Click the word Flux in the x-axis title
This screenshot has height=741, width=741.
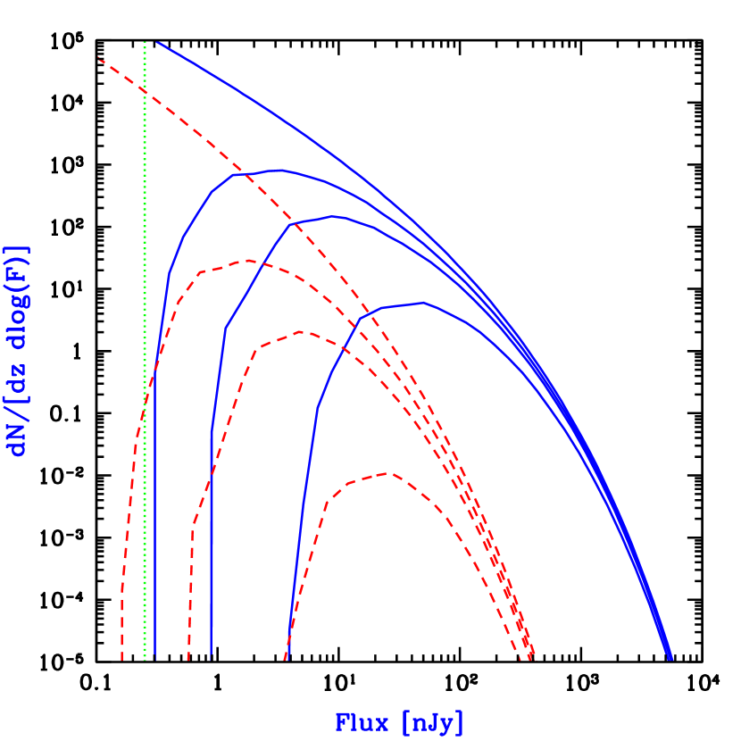(362, 722)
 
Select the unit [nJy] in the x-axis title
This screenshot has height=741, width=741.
(433, 722)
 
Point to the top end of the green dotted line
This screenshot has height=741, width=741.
(145, 42)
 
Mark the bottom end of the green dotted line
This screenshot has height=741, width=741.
(145, 660)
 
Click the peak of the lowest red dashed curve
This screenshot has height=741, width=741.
(387, 473)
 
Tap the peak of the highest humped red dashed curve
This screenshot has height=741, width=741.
(247, 261)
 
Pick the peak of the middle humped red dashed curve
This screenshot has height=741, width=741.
(303, 331)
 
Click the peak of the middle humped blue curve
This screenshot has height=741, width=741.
(333, 216)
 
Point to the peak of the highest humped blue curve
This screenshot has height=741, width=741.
(279, 170)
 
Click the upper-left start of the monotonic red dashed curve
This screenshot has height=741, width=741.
(99, 59)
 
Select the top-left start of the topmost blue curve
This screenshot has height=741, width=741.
(156, 42)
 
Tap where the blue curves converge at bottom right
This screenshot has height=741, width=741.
(670, 659)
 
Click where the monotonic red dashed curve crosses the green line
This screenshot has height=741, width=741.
(145, 90)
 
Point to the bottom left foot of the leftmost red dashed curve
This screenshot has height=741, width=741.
(121, 660)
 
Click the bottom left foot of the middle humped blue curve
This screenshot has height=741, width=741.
(211, 660)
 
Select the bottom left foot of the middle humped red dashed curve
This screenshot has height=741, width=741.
(188, 660)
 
